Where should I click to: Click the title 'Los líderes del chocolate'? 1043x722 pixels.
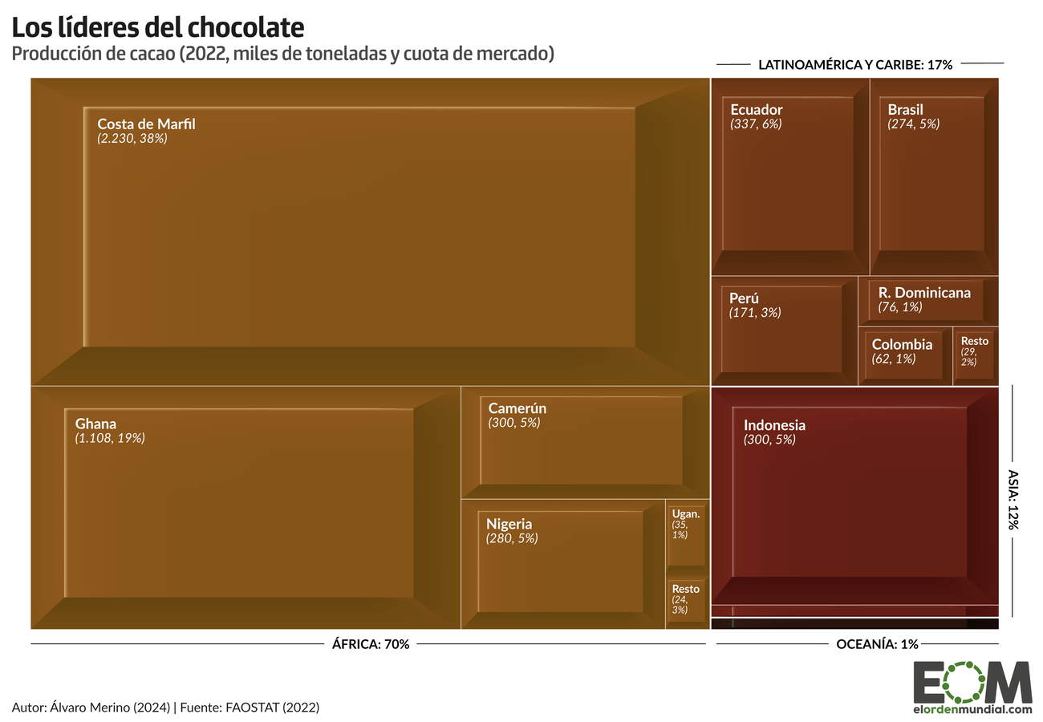coord(158,27)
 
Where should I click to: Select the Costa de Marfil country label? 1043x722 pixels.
coord(146,124)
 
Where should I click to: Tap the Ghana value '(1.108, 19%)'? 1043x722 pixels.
coord(110,438)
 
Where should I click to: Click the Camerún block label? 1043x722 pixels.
coord(517,408)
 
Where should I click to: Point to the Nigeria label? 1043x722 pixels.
coord(509,524)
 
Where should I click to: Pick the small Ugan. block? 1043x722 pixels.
coord(686,534)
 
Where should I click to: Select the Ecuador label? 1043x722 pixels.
coord(756,109)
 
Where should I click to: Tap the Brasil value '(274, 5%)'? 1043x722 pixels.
coord(913,124)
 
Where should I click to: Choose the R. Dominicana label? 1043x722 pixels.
coord(924,292)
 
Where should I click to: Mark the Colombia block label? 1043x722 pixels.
coord(902,344)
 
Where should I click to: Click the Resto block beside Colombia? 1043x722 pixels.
coord(974,351)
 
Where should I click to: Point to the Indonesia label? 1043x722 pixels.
coord(774,425)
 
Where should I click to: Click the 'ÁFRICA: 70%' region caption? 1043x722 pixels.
coord(371,643)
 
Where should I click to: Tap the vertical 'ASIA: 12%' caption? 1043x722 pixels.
coord(1013,499)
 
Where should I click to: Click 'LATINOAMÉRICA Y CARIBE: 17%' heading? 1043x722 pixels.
coord(854,65)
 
